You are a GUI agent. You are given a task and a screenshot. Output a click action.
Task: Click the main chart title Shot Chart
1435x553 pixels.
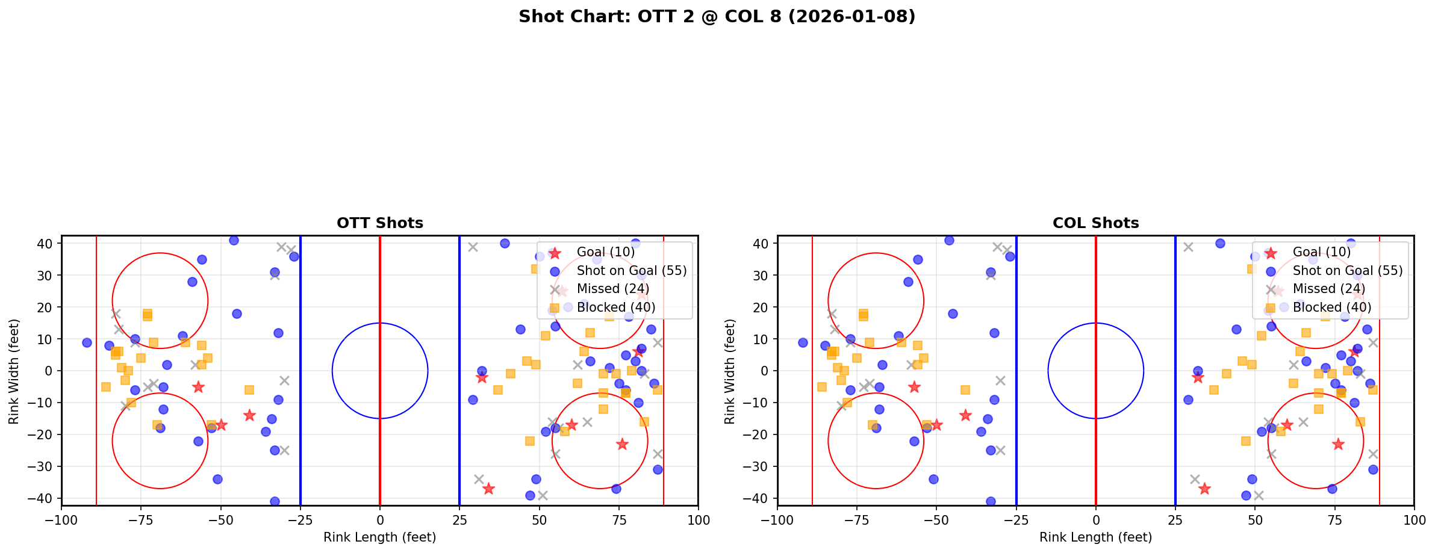[x=717, y=16]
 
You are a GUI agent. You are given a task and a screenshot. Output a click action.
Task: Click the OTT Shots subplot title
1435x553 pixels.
[x=379, y=223]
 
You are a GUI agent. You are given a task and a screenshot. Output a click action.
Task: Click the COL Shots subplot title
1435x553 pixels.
[x=1095, y=223]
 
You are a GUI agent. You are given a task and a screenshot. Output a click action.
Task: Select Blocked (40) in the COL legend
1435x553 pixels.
[x=1332, y=307]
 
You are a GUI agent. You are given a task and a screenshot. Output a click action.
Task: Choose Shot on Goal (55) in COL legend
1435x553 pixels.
[x=1348, y=271]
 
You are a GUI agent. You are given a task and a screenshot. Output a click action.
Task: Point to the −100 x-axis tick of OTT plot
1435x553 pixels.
[x=61, y=520]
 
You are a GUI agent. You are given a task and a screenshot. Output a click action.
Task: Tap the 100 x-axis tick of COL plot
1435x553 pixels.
[x=1413, y=520]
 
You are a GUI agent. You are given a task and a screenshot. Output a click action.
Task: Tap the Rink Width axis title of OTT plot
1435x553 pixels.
[x=14, y=371]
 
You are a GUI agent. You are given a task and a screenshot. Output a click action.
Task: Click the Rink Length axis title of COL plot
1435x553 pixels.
[x=1095, y=537]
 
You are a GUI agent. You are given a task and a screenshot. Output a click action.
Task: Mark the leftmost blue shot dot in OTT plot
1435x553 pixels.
[x=87, y=342]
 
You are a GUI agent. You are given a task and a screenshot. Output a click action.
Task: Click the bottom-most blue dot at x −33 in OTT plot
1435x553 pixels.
[x=275, y=501]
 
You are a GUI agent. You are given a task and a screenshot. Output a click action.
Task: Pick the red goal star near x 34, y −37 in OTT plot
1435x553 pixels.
[x=488, y=489]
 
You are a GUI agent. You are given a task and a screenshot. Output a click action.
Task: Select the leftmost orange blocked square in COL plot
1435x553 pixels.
[x=822, y=387]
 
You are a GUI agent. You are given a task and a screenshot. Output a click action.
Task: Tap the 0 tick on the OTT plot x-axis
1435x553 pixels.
[x=379, y=520]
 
